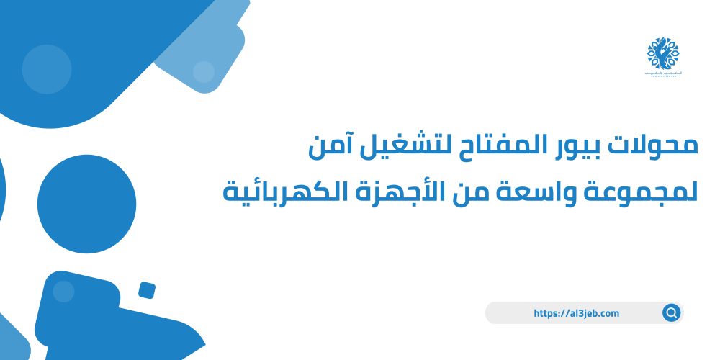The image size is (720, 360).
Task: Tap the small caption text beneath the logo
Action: click(662, 75)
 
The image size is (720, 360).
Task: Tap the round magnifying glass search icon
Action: click(671, 313)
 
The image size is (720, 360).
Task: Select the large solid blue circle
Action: click(86, 204)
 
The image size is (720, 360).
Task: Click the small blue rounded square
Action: click(147, 290)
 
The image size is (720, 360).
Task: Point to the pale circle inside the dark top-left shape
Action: click(47, 69)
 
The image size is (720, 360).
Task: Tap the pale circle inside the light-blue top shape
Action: click(204, 71)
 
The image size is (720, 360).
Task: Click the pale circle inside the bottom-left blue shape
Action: click(63, 291)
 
